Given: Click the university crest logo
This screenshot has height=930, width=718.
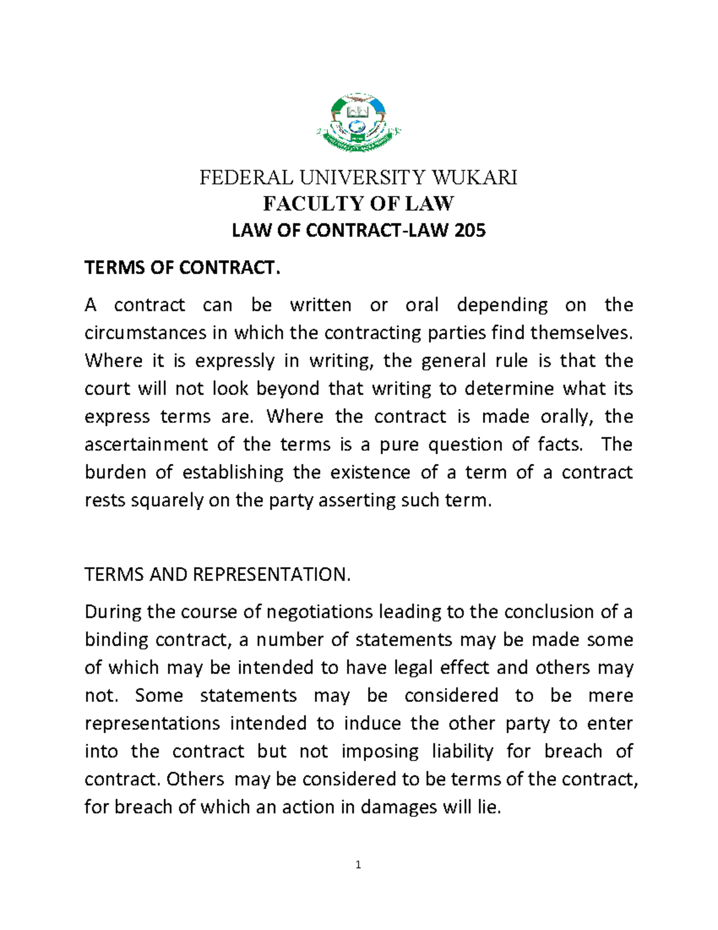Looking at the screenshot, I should [x=358, y=123].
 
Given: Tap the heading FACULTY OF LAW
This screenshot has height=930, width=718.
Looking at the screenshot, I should [x=358, y=204].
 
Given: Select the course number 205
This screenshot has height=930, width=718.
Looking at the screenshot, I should [x=470, y=231].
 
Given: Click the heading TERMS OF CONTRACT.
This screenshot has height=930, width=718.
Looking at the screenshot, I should [x=182, y=268].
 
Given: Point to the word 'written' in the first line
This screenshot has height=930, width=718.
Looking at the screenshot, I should [x=321, y=305].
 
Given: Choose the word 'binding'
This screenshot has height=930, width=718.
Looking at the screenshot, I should [x=114, y=640].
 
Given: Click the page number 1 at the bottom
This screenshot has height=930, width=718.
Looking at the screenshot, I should [x=358, y=865].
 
